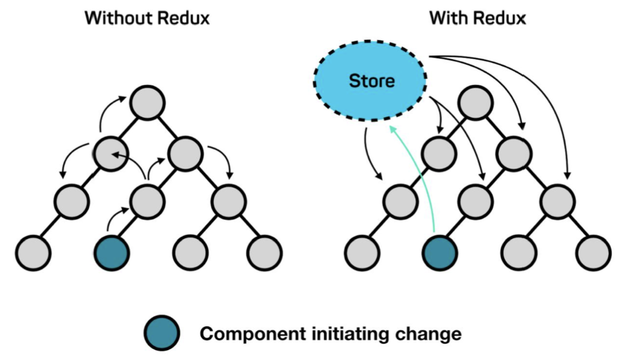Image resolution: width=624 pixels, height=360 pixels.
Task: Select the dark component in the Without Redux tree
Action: (x=112, y=251)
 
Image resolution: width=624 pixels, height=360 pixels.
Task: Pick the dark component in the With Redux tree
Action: (x=439, y=251)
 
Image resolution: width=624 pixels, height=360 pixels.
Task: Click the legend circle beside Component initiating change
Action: (x=162, y=334)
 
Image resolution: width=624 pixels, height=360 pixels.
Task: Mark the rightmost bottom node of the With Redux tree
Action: (x=594, y=251)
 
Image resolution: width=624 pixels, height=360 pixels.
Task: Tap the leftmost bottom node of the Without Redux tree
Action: (x=33, y=251)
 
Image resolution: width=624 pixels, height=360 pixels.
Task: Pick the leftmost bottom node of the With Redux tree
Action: (x=361, y=251)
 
